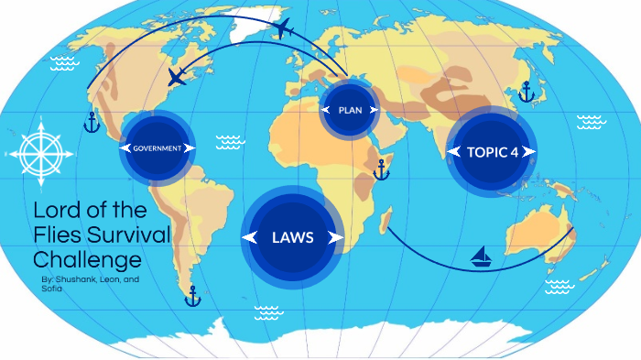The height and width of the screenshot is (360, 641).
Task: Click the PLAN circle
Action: (x=350, y=110)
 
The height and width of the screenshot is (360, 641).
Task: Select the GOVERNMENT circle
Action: (x=158, y=148)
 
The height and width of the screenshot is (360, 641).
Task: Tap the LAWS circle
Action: (x=293, y=237)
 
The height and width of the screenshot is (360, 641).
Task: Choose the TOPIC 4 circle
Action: (x=490, y=152)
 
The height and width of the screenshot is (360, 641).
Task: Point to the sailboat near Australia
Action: (x=481, y=257)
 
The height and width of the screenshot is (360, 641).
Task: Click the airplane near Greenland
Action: (x=282, y=28)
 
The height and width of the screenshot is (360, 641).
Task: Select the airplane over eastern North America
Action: (x=178, y=77)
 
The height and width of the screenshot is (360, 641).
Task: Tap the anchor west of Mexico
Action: (x=91, y=121)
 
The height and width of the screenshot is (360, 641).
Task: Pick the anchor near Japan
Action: (x=526, y=92)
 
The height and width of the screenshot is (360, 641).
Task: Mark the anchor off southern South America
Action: (x=192, y=296)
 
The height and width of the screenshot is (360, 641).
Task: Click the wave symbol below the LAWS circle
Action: (x=266, y=311)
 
